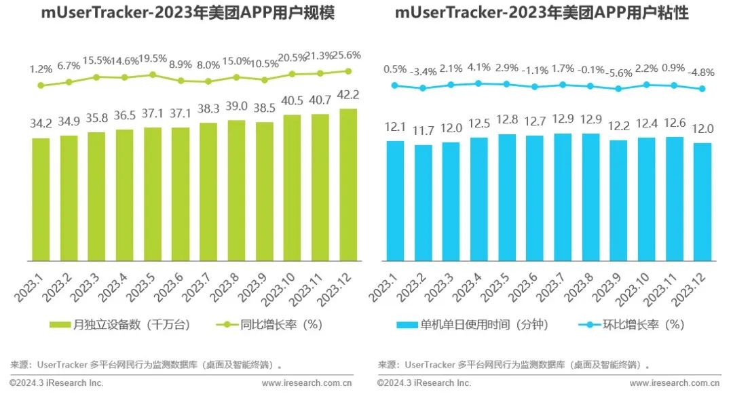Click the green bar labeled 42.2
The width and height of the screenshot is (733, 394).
[347, 184]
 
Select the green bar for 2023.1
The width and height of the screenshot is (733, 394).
[41, 199]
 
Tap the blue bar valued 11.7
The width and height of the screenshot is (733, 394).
[424, 203]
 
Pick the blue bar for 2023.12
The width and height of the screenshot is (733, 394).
[702, 201]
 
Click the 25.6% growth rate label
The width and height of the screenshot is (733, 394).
[347, 56]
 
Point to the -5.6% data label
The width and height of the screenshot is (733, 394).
[617, 72]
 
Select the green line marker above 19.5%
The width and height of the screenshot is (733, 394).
[153, 75]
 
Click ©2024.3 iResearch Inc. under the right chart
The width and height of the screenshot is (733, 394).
[424, 383]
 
